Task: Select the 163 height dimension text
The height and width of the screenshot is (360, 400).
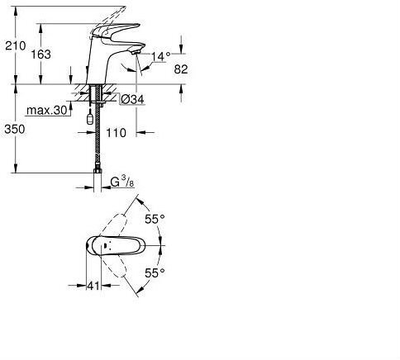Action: click(40, 54)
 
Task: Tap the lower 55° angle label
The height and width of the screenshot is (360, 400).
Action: click(155, 272)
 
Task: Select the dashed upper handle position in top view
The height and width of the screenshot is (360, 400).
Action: click(117, 223)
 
